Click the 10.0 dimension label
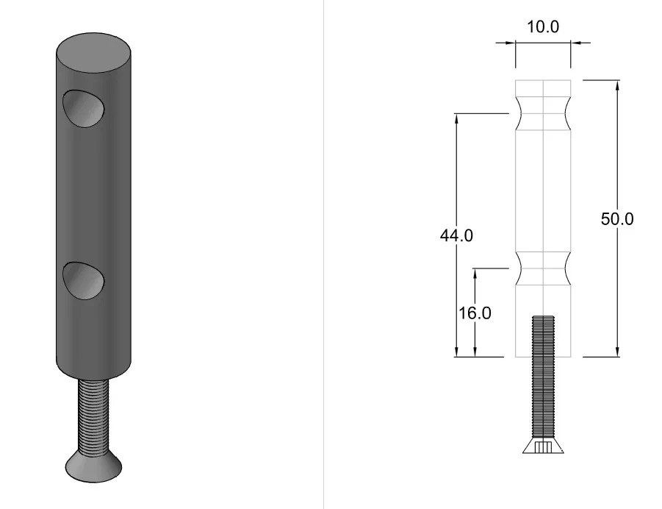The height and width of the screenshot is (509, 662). coord(543,26)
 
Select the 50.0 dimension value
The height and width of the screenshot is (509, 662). coord(617,218)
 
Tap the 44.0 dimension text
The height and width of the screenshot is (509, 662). coord(456,235)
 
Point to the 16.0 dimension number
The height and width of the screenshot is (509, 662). coord(475,313)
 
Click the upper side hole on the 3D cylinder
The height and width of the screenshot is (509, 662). coord(84,109)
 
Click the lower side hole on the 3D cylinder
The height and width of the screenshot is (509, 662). coord(84,281)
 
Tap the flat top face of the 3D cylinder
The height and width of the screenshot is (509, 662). coord(93,53)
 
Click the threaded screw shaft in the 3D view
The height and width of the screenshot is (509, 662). coord(93,416)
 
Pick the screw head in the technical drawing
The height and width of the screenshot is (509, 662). coord(543,445)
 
